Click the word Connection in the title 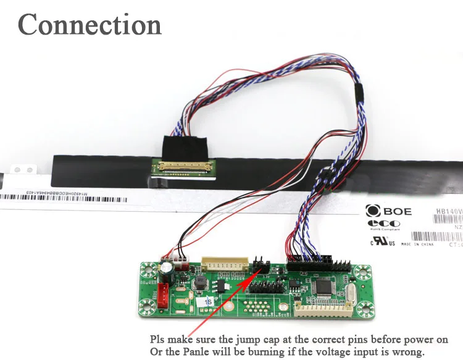click(90, 25)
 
